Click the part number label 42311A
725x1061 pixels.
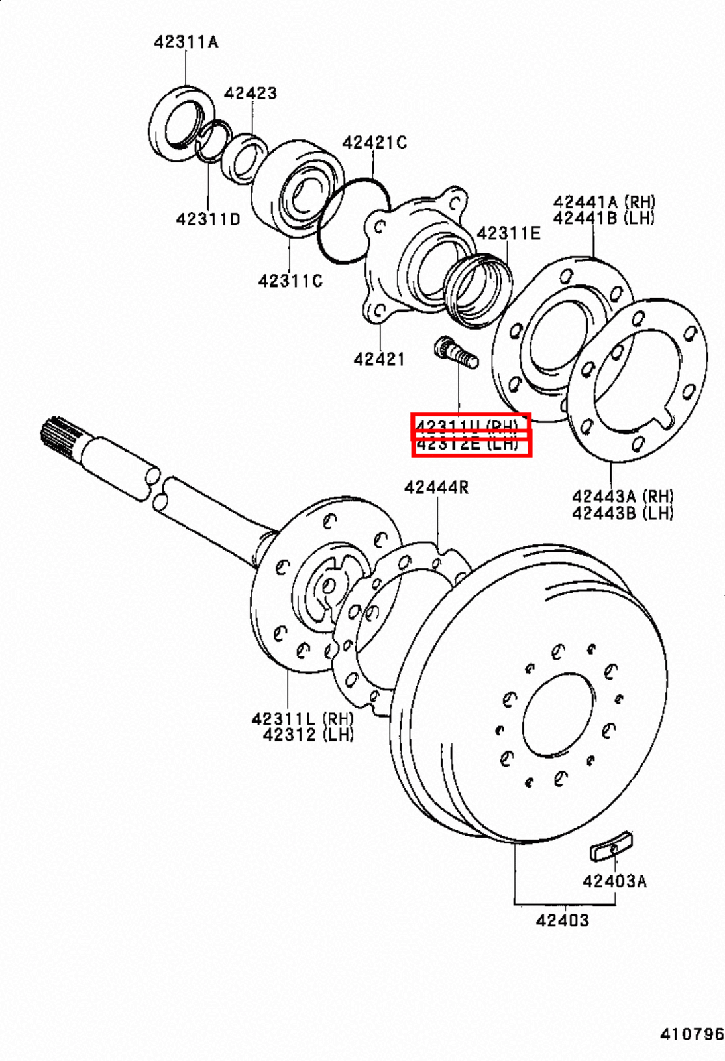(186, 42)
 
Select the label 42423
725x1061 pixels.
(250, 93)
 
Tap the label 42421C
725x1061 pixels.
(374, 143)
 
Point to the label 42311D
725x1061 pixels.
(207, 219)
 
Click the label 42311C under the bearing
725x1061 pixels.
(290, 281)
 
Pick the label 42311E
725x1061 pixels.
(508, 233)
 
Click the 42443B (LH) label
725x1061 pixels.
(622, 513)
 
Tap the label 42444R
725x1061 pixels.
(436, 487)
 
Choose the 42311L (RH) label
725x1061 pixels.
(302, 718)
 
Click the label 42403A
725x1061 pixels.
(614, 881)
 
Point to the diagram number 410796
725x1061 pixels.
(691, 1034)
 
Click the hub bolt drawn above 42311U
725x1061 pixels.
(455, 351)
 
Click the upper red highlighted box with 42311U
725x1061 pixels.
(471, 424)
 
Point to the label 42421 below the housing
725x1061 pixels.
(378, 359)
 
